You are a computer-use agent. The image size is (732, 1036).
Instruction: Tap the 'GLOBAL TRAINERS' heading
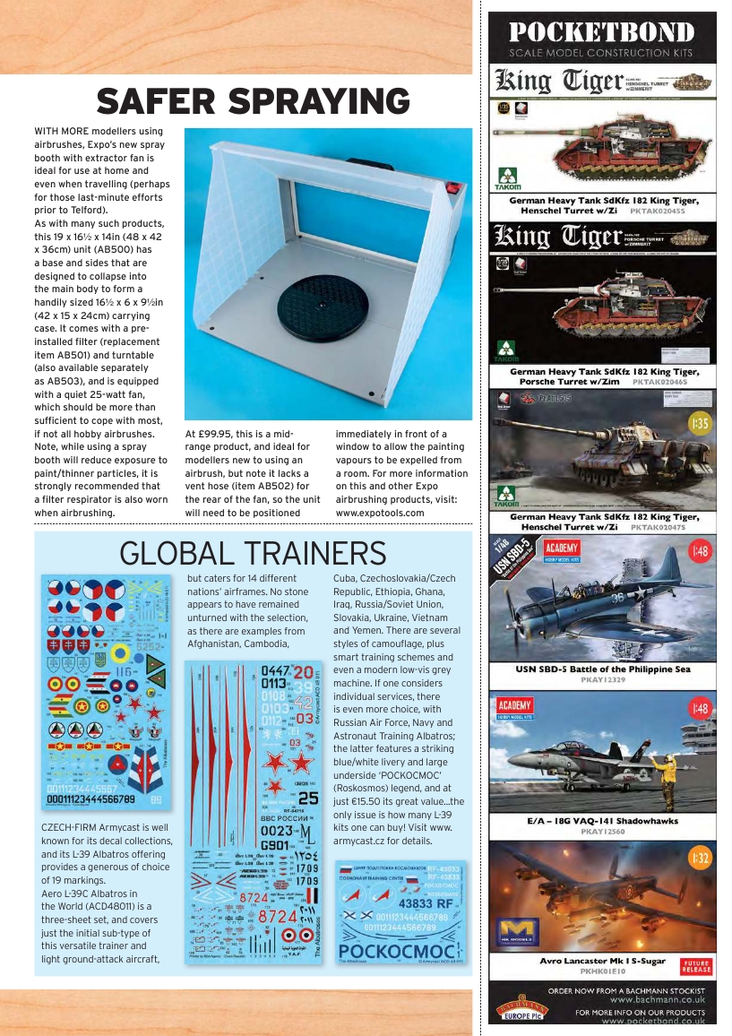tap(254, 553)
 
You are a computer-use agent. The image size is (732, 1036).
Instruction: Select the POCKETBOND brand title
tap(602, 32)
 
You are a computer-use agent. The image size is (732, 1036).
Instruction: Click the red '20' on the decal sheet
tap(303, 672)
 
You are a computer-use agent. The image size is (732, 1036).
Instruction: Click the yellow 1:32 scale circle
tap(699, 859)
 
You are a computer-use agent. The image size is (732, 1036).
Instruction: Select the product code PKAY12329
tap(603, 680)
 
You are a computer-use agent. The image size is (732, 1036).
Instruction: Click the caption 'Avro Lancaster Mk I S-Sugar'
tap(603, 961)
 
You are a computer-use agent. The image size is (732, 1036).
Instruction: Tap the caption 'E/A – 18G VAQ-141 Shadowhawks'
tap(602, 820)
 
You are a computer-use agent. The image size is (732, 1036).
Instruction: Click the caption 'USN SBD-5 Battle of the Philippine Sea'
tap(602, 669)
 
